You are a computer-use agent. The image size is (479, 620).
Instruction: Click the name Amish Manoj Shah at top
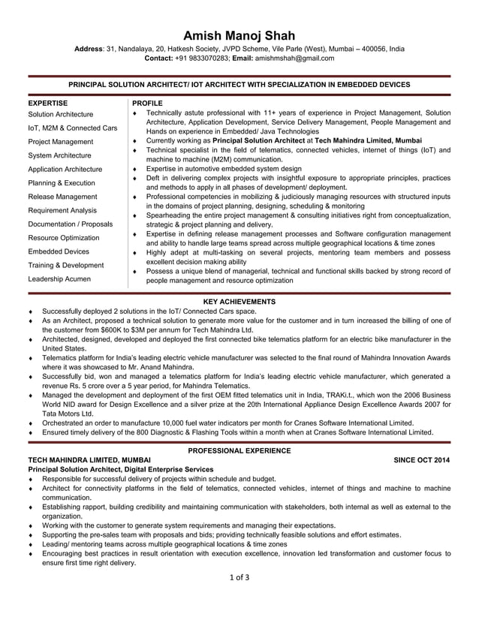pyautogui.click(x=239, y=35)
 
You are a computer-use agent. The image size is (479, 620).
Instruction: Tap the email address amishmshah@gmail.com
pyautogui.click(x=294, y=58)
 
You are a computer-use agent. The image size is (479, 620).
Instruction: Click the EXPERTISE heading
pyautogui.click(x=48, y=102)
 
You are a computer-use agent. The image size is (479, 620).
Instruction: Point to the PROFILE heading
pyautogui.click(x=146, y=102)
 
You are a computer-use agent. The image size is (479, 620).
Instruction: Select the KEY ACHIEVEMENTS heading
pyautogui.click(x=239, y=301)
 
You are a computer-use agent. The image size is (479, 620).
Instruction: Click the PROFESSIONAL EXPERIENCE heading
pyautogui.click(x=239, y=450)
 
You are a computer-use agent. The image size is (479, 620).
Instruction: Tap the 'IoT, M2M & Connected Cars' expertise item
pyautogui.click(x=73, y=128)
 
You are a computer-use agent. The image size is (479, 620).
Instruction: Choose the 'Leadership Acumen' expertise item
pyautogui.click(x=59, y=278)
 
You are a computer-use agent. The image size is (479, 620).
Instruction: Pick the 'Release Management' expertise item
pyautogui.click(x=62, y=197)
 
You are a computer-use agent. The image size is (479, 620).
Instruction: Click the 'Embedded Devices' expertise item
pyautogui.click(x=59, y=251)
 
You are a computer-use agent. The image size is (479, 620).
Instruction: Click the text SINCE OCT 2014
pyautogui.click(x=422, y=459)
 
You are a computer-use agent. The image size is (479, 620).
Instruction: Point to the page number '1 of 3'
pyautogui.click(x=239, y=576)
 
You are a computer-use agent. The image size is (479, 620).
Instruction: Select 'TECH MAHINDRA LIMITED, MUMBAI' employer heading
pyautogui.click(x=89, y=459)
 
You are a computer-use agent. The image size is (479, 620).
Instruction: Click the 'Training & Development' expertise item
pyautogui.click(x=65, y=265)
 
